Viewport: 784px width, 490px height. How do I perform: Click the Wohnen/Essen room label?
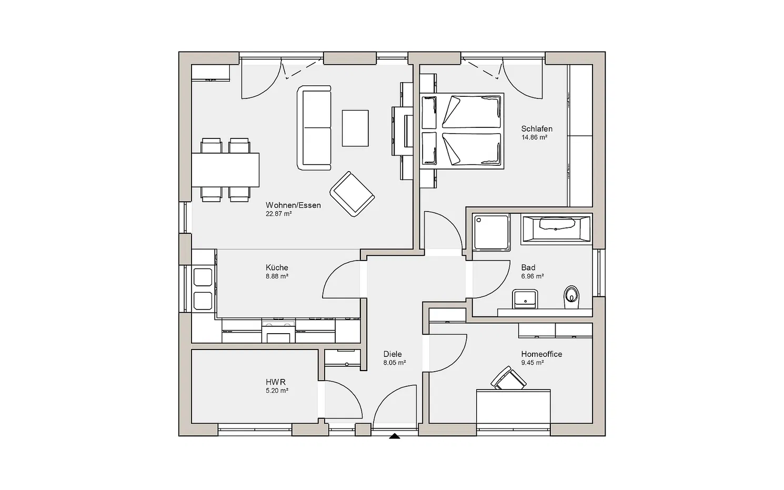point(293,205)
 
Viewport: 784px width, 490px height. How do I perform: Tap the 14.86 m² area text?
point(534,137)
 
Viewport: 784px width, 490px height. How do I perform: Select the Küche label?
point(277,267)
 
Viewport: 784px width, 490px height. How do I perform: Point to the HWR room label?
point(275,382)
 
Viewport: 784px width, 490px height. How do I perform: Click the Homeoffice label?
point(541,354)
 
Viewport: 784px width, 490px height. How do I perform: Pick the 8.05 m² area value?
point(395,363)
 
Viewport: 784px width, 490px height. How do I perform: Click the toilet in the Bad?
point(571,297)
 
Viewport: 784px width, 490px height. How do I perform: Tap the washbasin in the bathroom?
point(525,299)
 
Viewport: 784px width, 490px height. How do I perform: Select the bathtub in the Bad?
point(556,229)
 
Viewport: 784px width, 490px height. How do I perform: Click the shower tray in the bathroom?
point(491,233)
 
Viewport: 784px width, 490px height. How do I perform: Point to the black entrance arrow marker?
point(395,436)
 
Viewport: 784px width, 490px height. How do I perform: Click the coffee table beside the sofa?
point(355,128)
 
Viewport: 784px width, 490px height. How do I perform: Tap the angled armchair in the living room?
point(352,194)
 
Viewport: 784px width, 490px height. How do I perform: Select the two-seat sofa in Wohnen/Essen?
point(314,128)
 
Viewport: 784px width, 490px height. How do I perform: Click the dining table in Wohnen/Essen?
point(225,170)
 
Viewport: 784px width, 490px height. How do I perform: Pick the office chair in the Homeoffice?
point(509,378)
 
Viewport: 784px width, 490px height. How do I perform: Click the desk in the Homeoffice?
point(514,406)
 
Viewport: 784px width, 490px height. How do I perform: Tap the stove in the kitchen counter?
point(278,332)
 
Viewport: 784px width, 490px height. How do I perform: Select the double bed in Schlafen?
point(462,131)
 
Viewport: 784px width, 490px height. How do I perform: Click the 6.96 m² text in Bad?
point(532,276)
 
